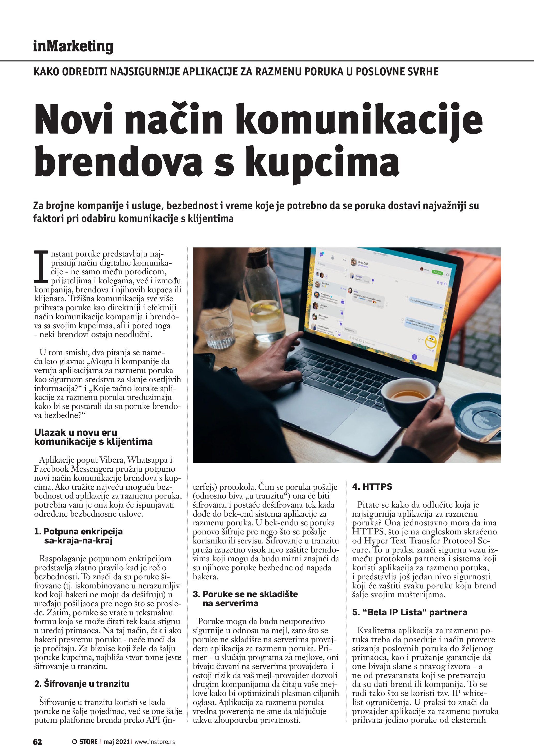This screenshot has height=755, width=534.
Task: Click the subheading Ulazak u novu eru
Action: [x=76, y=432]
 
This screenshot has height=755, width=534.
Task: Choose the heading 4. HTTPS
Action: [x=372, y=487]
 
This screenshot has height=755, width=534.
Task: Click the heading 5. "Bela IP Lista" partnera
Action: [x=409, y=612]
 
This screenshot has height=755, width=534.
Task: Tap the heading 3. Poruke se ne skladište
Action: [x=245, y=594]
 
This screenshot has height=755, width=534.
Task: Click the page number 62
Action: [x=37, y=742]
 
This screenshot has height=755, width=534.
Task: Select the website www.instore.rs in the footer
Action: [x=154, y=742]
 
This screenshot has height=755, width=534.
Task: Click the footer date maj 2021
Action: [x=117, y=742]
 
